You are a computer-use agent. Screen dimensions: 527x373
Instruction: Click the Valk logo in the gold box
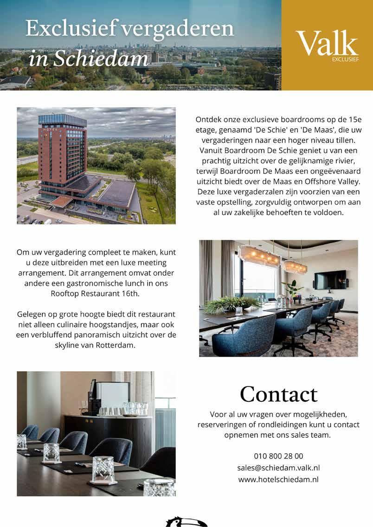pyautogui.click(x=327, y=44)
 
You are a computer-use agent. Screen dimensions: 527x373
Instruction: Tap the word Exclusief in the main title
pyautogui.click(x=70, y=29)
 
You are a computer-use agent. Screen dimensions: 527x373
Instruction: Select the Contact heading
pyautogui.click(x=278, y=394)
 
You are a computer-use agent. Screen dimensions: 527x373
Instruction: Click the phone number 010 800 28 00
pyautogui.click(x=278, y=456)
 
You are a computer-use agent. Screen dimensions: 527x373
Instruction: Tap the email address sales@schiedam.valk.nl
pyautogui.click(x=278, y=468)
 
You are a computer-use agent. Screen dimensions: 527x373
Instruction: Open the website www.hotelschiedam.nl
pyautogui.click(x=278, y=479)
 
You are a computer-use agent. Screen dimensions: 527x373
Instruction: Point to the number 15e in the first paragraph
pyautogui.click(x=348, y=120)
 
